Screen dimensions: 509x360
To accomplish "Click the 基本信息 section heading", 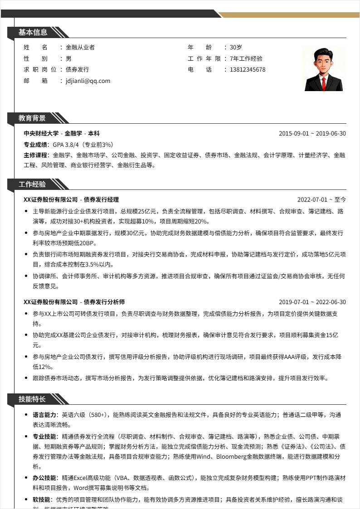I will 33,32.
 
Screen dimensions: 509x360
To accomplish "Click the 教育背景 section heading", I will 32,118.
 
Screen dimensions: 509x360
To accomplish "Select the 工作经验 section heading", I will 32,184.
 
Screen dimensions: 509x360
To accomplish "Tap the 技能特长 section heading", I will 32,399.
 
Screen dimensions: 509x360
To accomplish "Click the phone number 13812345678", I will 248,70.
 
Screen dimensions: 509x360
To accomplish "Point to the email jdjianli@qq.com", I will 88,81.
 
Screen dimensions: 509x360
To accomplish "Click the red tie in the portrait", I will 324,83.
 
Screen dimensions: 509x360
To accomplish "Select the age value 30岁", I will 236,47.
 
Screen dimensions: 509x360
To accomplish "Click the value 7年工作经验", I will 246,58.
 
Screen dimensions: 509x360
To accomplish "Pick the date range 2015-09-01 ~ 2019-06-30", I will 312,134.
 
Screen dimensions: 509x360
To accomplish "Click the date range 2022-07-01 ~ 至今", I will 321,199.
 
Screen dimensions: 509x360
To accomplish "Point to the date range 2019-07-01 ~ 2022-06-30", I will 312,302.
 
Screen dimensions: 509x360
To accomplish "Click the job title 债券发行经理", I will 101,199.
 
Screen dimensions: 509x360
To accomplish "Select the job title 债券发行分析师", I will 104,302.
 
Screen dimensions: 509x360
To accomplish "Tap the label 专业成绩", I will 36,145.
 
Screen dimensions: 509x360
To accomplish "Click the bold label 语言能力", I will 44,415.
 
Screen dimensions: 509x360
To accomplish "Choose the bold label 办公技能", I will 44,478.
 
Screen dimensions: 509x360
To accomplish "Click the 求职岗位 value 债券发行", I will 78,70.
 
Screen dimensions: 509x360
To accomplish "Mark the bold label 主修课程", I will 36,155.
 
